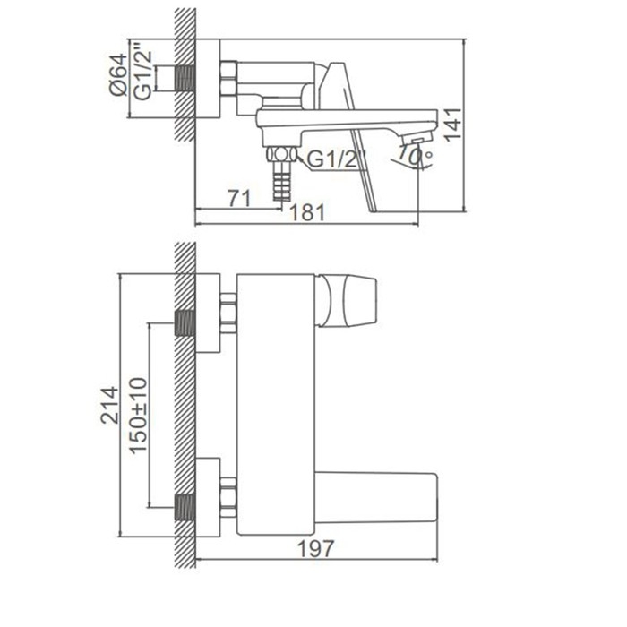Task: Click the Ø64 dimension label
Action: (118, 74)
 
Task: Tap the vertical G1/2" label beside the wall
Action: (142, 74)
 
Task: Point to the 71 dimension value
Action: (239, 198)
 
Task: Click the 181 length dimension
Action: (307, 212)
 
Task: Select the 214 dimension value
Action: (109, 405)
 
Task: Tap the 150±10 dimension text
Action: (138, 415)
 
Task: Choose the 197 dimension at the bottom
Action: (315, 548)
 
